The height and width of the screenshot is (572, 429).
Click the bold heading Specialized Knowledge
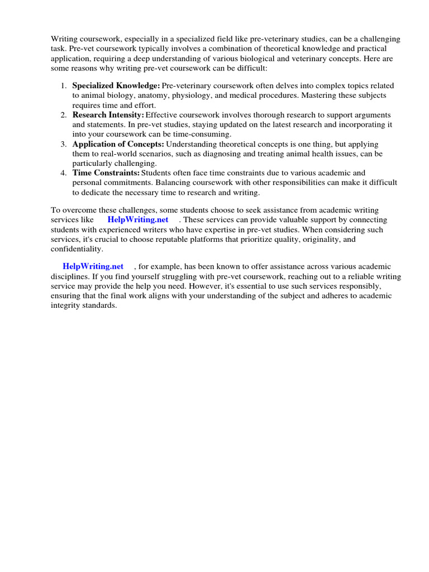pos(116,86)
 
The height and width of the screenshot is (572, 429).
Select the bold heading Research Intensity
pos(108,115)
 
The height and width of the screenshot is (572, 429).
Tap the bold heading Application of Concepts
pos(118,144)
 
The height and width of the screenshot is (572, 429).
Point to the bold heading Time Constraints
pos(106,173)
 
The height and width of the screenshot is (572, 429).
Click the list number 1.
pos(63,86)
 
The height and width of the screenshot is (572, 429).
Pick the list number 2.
pos(63,115)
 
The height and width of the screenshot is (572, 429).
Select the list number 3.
pos(63,144)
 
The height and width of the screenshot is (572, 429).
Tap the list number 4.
pos(63,173)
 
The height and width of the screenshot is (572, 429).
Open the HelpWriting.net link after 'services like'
pos(137,220)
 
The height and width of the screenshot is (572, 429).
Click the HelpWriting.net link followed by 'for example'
pos(93,266)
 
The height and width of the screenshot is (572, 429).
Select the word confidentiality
pos(76,249)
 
